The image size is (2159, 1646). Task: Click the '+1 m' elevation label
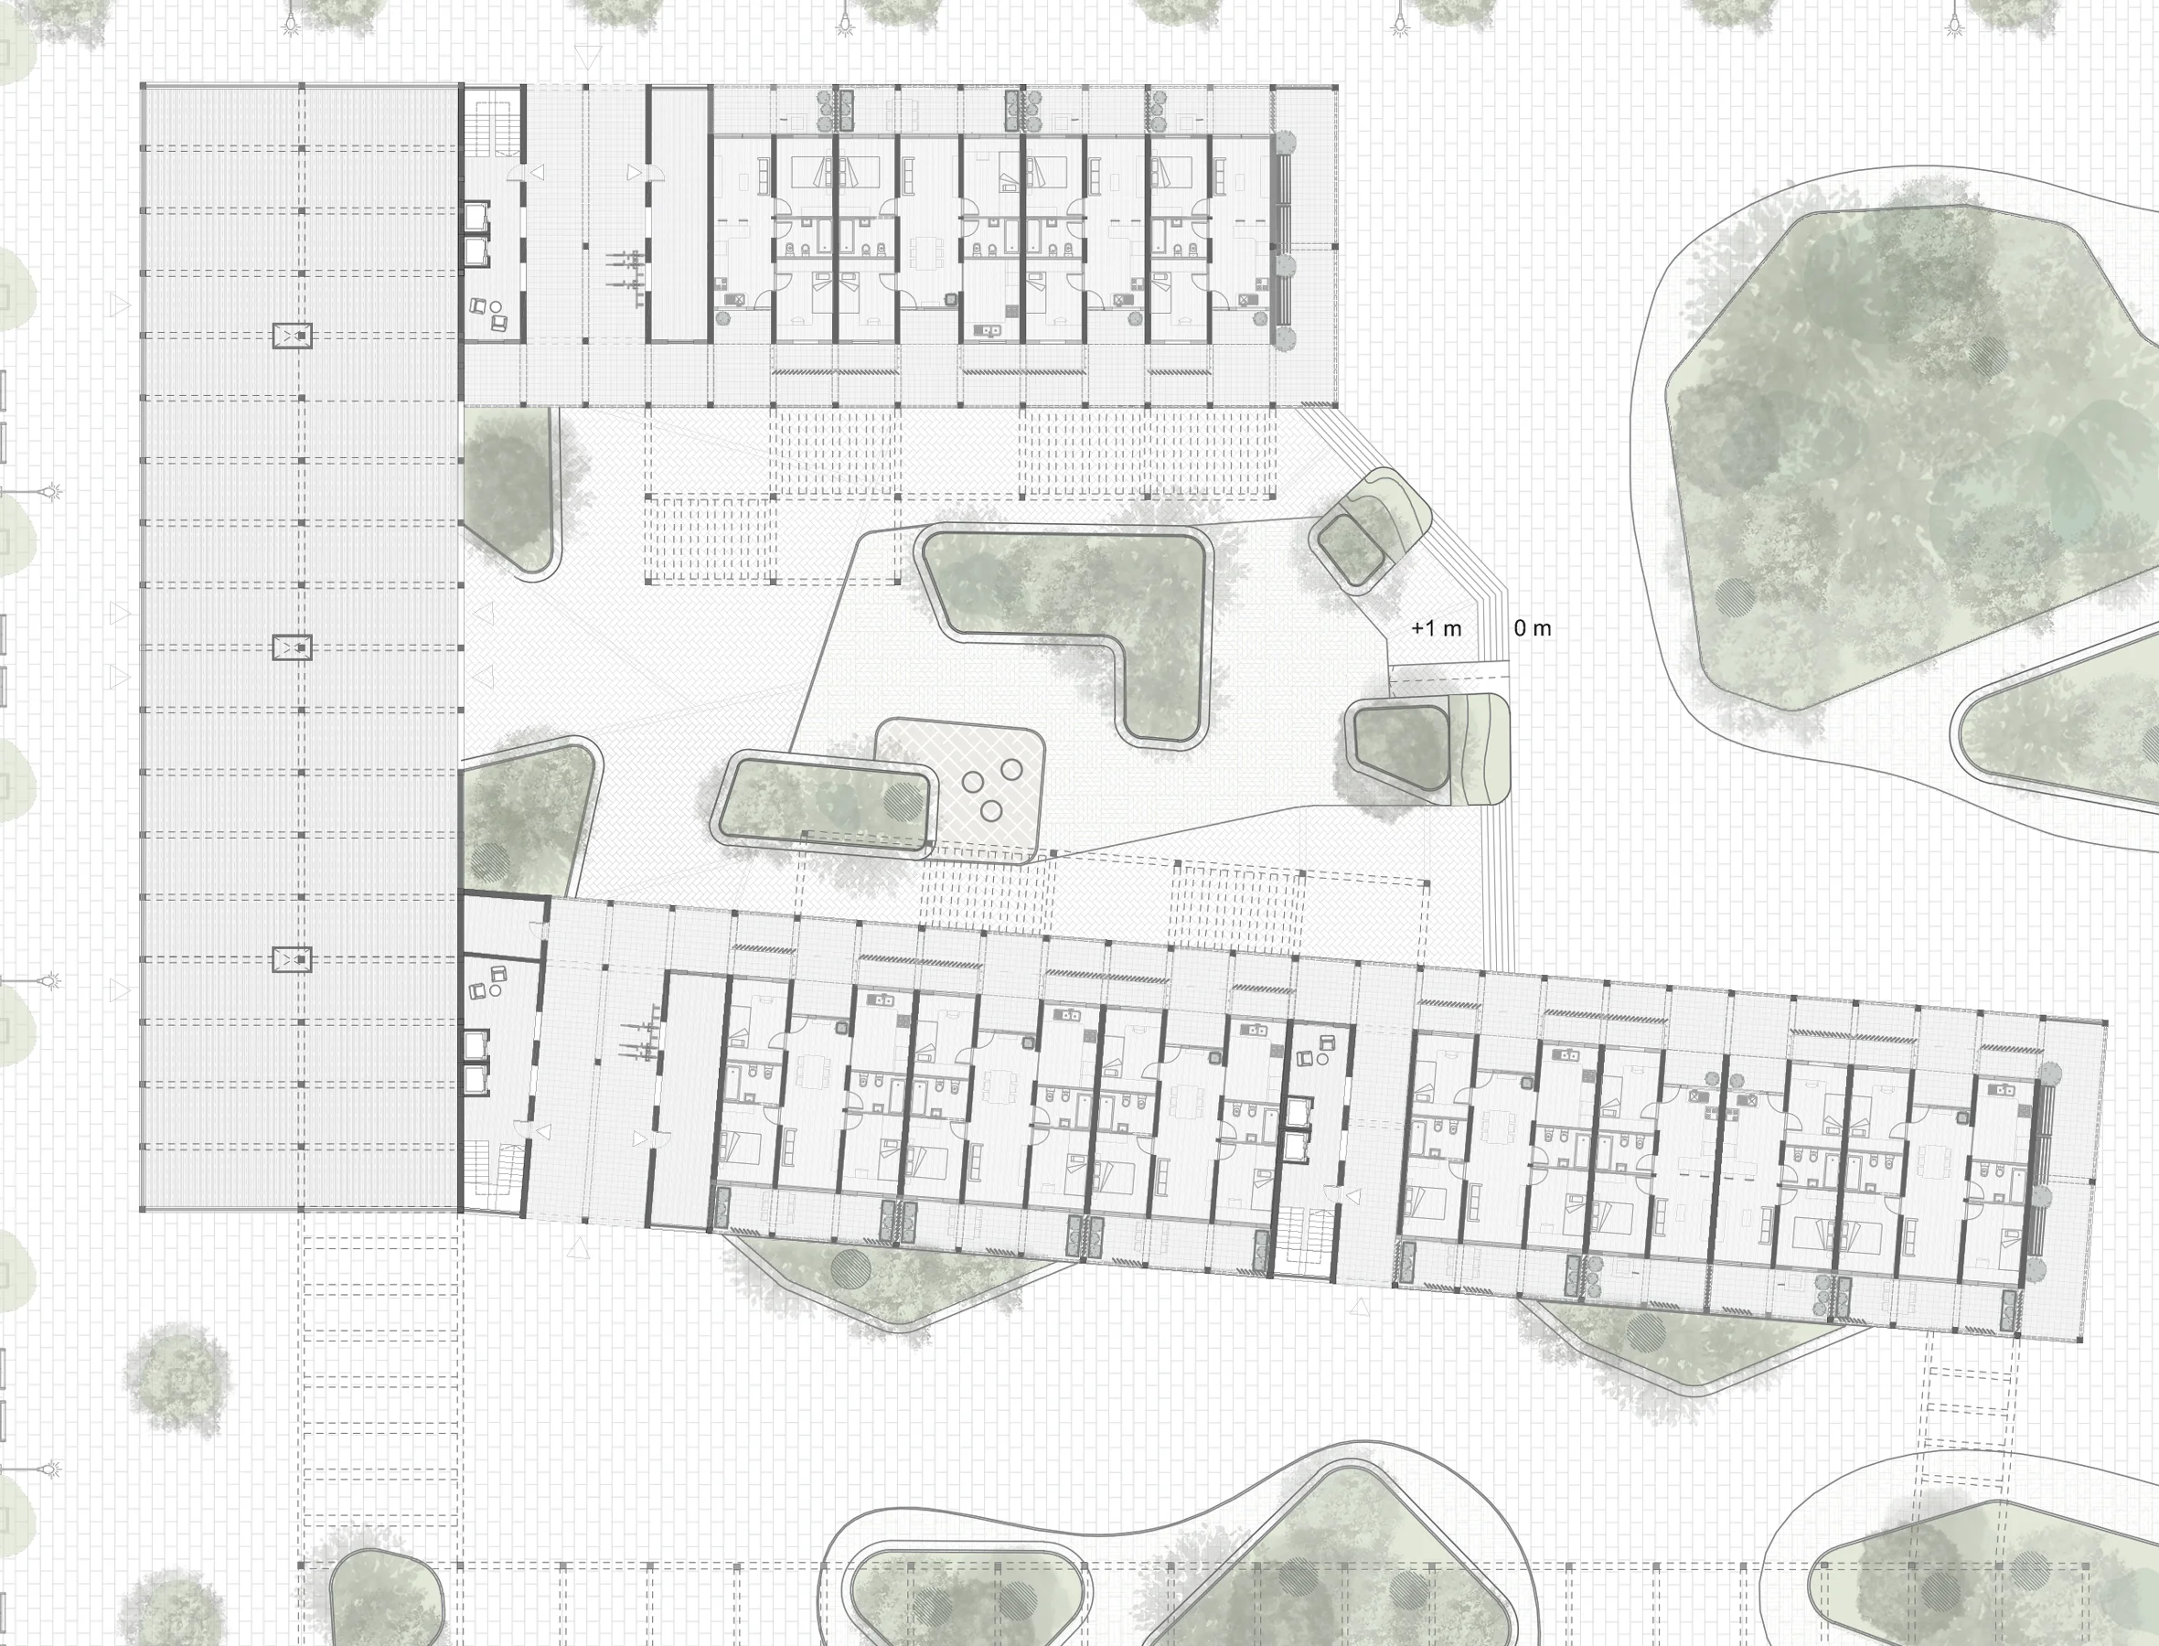pyautogui.click(x=1436, y=629)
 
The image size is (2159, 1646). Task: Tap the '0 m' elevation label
pyautogui.click(x=1532, y=628)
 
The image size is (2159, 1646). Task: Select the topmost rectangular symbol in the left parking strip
pyautogui.click(x=292, y=337)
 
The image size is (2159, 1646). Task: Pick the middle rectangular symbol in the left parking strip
pyautogui.click(x=292, y=647)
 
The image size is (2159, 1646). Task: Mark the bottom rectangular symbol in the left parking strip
pyautogui.click(x=292, y=959)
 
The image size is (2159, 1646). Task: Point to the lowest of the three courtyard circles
pyautogui.click(x=991, y=811)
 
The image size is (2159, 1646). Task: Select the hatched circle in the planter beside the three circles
pyautogui.click(x=903, y=801)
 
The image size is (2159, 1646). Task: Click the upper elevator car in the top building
pyautogui.click(x=477, y=217)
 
